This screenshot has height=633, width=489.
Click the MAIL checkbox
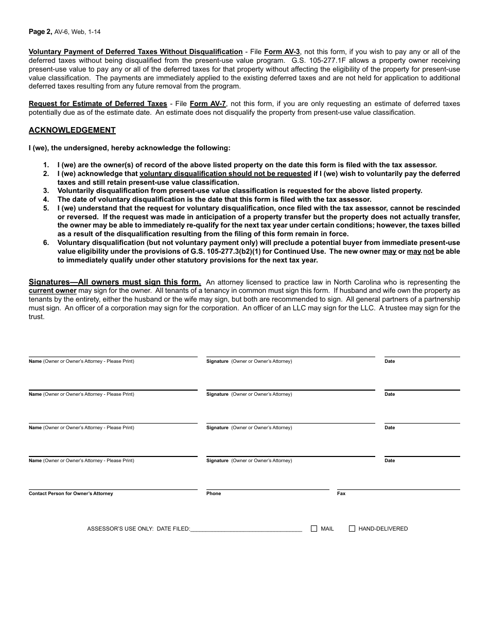click(x=314, y=529)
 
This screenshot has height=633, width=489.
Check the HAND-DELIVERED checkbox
click(x=352, y=529)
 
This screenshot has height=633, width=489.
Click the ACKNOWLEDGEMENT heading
click(x=72, y=130)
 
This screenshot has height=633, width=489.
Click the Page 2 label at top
click(x=40, y=31)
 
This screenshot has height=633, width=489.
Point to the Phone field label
click(x=214, y=494)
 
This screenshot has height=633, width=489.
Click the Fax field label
click(x=341, y=494)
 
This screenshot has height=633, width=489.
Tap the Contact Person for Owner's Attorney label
click(x=71, y=494)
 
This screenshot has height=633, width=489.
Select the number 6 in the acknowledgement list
click(x=46, y=243)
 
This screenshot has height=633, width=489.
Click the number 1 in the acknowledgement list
click(x=46, y=165)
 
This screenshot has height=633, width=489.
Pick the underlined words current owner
click(x=53, y=291)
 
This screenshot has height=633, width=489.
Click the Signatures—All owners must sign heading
click(x=115, y=282)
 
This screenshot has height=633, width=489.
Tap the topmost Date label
click(x=390, y=361)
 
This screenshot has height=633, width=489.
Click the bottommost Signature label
click(x=217, y=461)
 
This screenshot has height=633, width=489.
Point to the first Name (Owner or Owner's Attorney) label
click(x=81, y=361)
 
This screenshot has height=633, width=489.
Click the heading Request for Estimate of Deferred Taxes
click(x=98, y=103)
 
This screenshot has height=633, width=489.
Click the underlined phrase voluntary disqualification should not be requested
click(x=225, y=174)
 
